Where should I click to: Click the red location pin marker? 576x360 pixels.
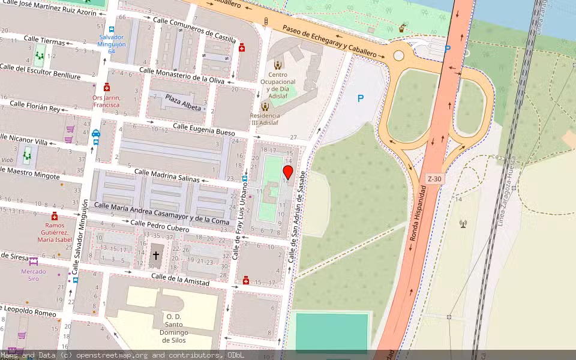tap(288, 173)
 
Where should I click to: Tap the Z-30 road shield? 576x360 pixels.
tap(434, 179)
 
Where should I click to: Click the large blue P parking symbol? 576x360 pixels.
tap(361, 98)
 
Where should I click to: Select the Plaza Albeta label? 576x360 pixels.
tap(183, 102)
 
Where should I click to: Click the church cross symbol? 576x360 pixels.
tap(156, 256)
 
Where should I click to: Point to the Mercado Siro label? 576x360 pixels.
tap(34, 275)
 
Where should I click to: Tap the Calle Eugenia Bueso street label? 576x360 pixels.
tap(204, 129)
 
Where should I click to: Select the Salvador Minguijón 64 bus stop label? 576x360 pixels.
tap(111, 44)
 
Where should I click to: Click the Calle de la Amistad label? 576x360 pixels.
tap(180, 279)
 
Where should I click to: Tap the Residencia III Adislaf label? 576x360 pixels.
tap(265, 119)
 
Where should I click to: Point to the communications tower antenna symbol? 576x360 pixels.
tap(463, 224)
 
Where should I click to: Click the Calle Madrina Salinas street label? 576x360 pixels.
tap(167, 175)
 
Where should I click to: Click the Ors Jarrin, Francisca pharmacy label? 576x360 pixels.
tap(106, 101)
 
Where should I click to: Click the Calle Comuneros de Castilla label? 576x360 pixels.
tap(195, 29)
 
